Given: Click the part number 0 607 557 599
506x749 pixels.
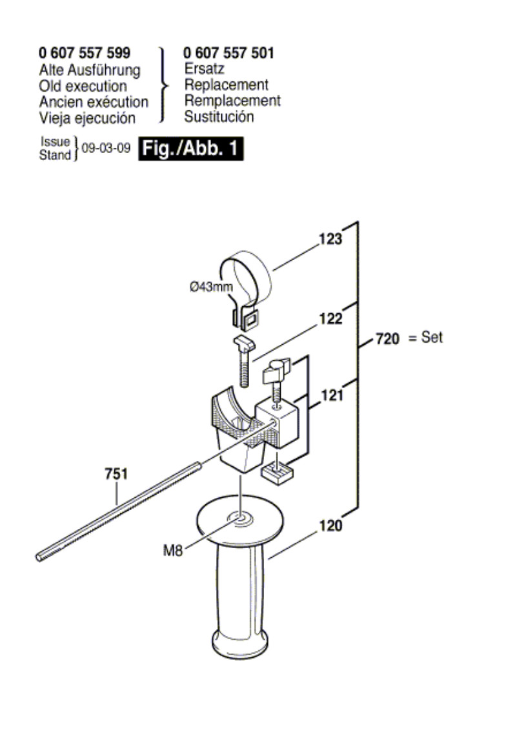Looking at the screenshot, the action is [85, 53].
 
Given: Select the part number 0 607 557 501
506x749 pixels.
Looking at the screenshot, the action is [228, 53].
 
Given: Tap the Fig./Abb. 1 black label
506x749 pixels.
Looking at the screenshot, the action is [191, 149].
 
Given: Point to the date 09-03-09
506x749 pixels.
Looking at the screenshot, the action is [106, 148].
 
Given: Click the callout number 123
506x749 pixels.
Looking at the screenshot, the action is [330, 238].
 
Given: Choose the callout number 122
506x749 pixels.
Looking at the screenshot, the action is [330, 318].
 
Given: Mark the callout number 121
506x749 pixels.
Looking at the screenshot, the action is [332, 395].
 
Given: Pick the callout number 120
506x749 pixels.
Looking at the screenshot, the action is [330, 526].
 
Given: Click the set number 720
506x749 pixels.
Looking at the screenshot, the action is [387, 339].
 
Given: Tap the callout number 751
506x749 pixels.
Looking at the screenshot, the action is [116, 474].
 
